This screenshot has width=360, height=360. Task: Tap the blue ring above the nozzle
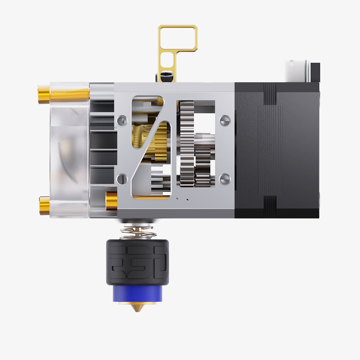(138, 293)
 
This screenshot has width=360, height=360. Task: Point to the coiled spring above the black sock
(138, 233)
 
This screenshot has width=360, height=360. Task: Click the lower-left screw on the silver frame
(122, 179)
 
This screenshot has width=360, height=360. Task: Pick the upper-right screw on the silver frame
(225, 121)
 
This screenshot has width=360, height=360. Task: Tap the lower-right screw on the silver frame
(225, 179)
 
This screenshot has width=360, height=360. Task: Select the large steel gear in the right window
(186, 144)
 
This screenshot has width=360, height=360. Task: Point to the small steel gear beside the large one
(202, 158)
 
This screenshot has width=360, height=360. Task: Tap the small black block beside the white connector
(315, 72)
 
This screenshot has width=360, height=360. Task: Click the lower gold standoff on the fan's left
(45, 206)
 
